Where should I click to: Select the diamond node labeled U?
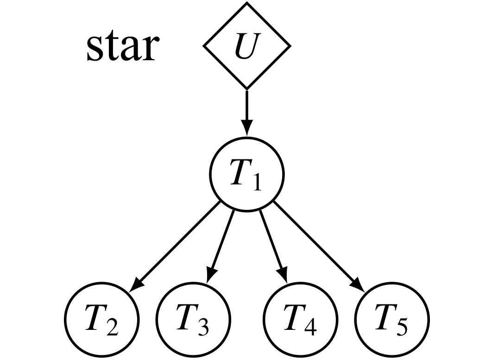coord(246,46)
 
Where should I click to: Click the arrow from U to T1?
coord(246,111)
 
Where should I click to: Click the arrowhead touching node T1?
coord(246,129)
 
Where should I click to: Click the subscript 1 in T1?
coord(256,183)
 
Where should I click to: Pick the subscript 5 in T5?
coord(402,327)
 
